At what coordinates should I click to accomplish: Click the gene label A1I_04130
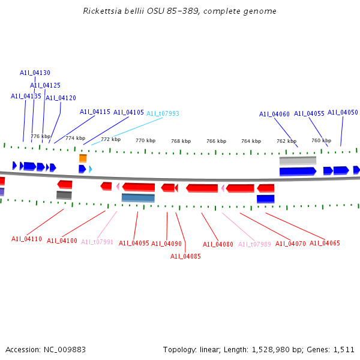point(35,73)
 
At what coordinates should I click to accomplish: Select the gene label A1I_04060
point(274,114)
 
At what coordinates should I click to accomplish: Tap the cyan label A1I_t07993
point(163,113)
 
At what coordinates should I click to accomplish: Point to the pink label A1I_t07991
point(97,242)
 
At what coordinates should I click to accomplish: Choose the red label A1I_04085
point(185,256)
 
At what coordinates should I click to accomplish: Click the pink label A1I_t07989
point(254,244)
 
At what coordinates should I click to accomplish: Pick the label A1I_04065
point(325,243)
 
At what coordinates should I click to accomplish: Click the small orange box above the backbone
point(83,158)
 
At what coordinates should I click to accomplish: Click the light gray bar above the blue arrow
point(298,161)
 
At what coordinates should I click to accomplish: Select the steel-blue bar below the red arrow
point(138,197)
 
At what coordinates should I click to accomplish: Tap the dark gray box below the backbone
point(64,195)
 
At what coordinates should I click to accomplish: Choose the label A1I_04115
point(95,112)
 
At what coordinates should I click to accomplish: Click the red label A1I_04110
point(26,239)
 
